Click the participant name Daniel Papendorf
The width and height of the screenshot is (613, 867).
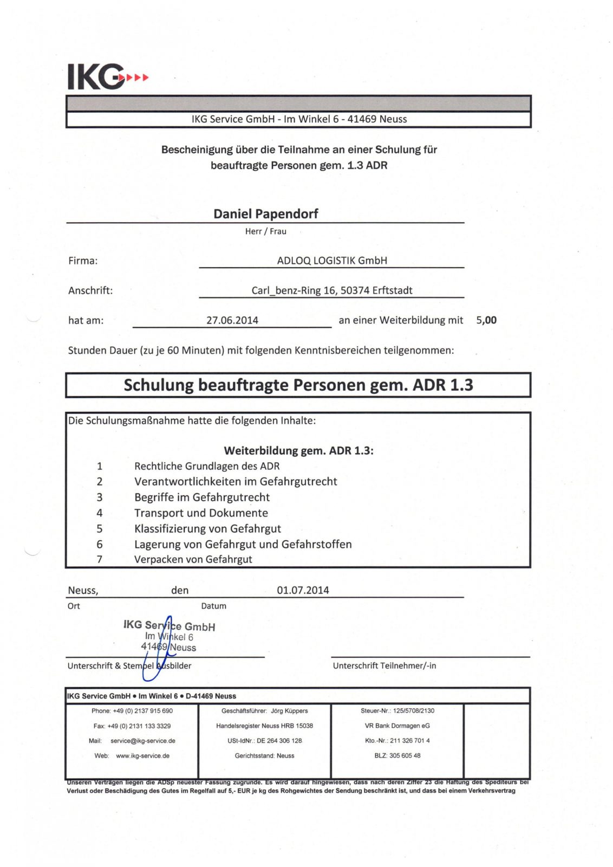pos(265,213)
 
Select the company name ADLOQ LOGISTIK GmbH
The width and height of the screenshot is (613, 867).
pos(331,261)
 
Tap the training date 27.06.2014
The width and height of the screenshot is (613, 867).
pos(232,320)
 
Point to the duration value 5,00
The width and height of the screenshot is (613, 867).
pos(486,320)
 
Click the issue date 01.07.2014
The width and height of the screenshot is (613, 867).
pos(303,590)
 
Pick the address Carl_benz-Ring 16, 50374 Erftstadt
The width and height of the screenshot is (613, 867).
pos(331,290)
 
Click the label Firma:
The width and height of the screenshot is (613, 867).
pos(83,261)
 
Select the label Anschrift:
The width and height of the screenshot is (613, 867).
pos(90,290)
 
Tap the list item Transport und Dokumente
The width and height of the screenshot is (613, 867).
pos(201,513)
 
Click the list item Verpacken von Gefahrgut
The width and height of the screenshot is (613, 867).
pos(193,559)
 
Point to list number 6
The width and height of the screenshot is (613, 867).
pos(100,544)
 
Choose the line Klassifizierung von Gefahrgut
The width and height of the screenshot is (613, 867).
pos(207,528)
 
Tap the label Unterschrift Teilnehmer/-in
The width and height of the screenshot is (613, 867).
pos(384,665)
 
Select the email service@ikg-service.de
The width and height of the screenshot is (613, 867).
pos(142,741)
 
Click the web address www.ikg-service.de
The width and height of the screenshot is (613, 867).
pos(142,755)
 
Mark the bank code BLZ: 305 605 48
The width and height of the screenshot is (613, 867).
pos(397,755)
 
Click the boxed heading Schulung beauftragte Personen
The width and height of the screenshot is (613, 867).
pos(298,385)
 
